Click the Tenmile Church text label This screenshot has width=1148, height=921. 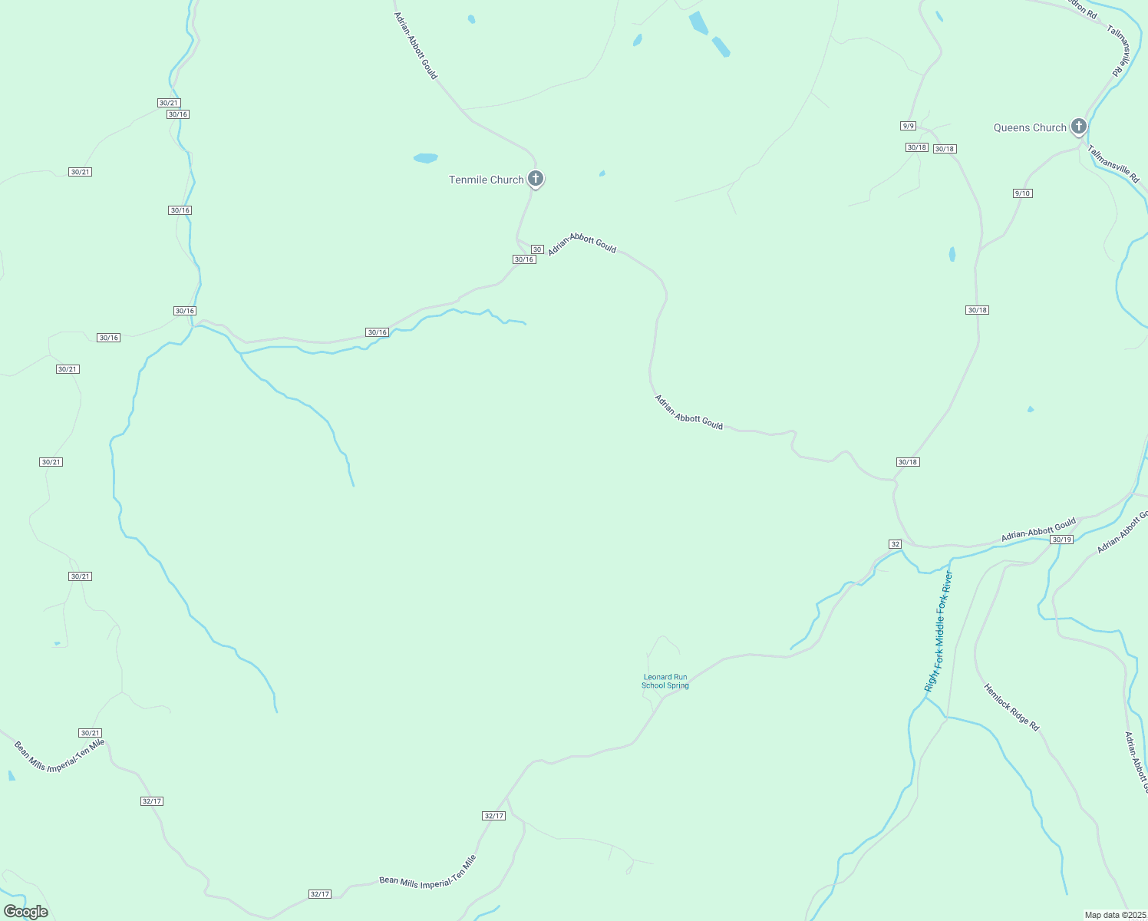pos(486,180)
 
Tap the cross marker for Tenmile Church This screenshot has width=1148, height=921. pos(536,179)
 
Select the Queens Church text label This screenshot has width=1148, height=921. pos(1030,128)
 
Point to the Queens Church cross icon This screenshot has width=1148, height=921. pos(1079,127)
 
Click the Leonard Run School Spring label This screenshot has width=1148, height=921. pos(665,682)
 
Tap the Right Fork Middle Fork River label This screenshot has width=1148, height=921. pos(939,631)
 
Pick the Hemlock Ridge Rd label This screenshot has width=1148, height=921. pos(1011,707)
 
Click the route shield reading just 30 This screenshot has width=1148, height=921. pos(537,249)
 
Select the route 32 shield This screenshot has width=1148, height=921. pos(895,544)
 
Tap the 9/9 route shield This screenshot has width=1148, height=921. pos(909,126)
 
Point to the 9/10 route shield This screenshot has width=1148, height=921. pos(1022,193)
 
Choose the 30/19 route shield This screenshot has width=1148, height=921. pos(1061,540)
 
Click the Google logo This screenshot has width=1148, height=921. pos(26,912)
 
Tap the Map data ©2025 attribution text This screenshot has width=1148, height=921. pos(1114,915)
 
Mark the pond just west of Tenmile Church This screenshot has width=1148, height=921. pos(425,158)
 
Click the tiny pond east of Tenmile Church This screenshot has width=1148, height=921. pos(602,173)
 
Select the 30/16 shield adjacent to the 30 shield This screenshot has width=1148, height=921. pos(524,259)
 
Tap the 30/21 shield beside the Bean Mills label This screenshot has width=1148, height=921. pos(90,733)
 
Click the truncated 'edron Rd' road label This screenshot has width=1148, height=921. pos(1083,8)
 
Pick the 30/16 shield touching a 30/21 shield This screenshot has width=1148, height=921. pos(177,114)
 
